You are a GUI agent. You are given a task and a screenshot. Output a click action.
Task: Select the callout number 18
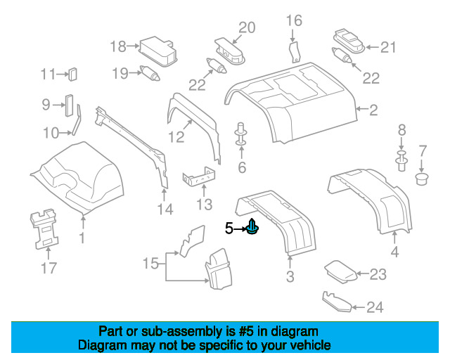(x=117, y=47)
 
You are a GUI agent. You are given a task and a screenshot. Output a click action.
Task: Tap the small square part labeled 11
(x=72, y=75)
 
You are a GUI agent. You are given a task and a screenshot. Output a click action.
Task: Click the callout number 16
(x=293, y=20)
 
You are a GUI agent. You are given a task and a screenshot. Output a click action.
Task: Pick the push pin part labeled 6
(x=241, y=135)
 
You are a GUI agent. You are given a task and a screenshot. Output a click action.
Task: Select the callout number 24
(x=375, y=307)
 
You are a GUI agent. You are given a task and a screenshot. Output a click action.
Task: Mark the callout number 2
(x=373, y=109)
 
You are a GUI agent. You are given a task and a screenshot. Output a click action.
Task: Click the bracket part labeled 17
(x=44, y=226)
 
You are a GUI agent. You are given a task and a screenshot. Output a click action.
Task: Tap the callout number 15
(x=150, y=264)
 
